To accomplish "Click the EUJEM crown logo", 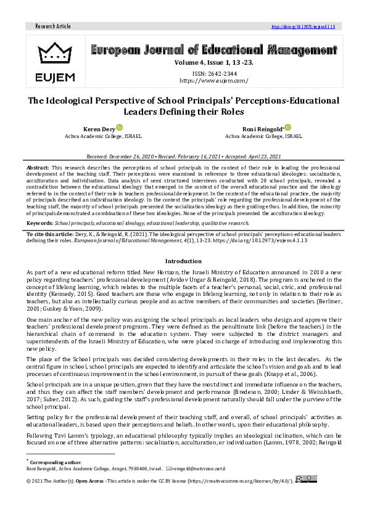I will click(x=56, y=52).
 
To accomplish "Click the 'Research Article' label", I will click(x=53, y=27).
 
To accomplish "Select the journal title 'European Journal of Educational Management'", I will click(x=213, y=51).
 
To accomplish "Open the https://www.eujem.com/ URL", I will click(x=213, y=81).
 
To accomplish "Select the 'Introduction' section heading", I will click(x=183, y=261).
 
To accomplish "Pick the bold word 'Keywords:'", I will click(x=40, y=223).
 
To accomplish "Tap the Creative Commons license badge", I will click(x=306, y=478).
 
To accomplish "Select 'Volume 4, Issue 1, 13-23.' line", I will click(x=213, y=62).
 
